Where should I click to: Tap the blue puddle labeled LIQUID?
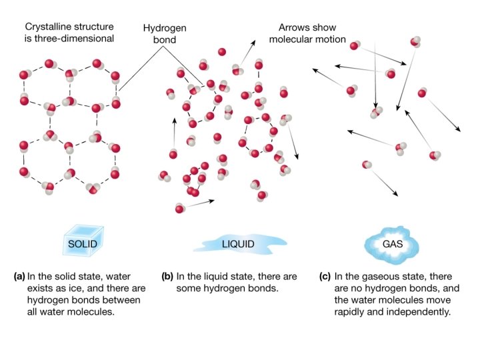[x=238, y=244]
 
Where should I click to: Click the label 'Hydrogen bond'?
[x=163, y=34]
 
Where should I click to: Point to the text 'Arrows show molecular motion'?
[x=312, y=34]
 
